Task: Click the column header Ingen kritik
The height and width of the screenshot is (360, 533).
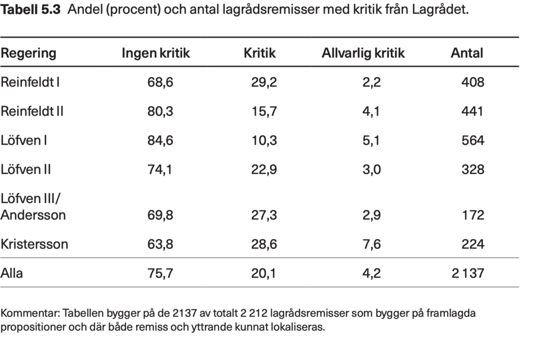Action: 156,53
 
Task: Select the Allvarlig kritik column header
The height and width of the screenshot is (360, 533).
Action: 363,53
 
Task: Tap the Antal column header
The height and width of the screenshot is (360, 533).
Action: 466,53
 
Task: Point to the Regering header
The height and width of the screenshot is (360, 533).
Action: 29,53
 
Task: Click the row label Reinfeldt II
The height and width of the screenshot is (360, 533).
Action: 32,111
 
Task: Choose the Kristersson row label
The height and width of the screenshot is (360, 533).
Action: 34,244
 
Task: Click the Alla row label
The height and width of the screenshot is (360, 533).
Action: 12,273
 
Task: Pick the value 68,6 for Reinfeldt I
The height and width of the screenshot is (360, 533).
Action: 160,82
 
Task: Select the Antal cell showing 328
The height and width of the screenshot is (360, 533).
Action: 473,170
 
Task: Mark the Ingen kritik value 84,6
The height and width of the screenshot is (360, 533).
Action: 160,140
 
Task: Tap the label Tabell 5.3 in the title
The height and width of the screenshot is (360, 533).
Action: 31,10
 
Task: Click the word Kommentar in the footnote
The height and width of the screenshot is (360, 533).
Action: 30,314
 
